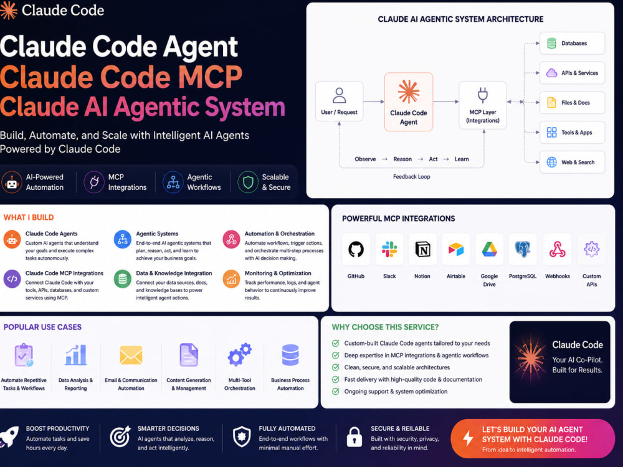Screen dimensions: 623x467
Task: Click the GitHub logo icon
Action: tap(356, 250)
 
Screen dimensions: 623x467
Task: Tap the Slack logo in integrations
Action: tap(389, 250)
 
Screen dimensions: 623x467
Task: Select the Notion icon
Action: tap(422, 250)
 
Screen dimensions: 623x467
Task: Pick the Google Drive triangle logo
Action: tap(489, 250)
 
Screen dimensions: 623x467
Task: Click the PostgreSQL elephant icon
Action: tap(523, 250)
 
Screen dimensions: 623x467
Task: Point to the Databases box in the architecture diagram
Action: tap(572, 44)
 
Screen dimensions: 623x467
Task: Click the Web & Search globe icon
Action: tap(551, 162)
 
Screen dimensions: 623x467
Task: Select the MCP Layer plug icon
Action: tap(483, 95)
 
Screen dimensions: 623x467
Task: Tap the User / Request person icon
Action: tap(339, 95)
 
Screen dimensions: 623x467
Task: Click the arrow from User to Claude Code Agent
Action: tap(373, 101)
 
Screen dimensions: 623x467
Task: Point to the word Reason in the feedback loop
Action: tap(402, 159)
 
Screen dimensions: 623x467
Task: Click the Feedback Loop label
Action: tap(412, 177)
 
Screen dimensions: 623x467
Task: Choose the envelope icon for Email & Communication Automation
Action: tap(131, 355)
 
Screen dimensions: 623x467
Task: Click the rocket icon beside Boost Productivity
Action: tap(9, 437)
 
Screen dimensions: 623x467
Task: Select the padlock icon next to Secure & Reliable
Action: tap(354, 437)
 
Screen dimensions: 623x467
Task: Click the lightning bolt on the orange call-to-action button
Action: tap(468, 438)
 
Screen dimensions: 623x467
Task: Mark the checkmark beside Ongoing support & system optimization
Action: tap(336, 392)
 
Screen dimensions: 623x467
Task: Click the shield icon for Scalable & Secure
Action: tap(248, 182)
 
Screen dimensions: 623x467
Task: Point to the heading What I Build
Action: tap(29, 217)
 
